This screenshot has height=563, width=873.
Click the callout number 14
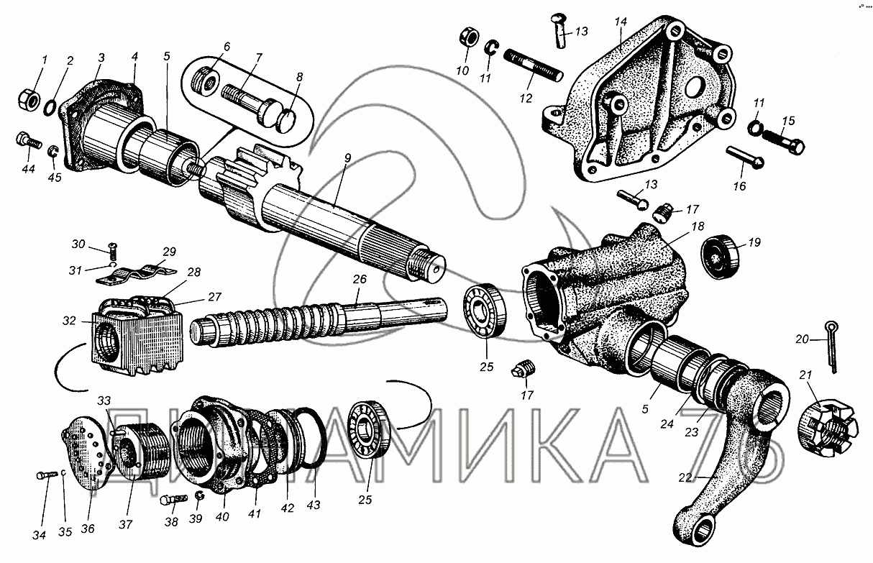tap(621, 22)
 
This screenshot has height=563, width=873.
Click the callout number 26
tap(359, 280)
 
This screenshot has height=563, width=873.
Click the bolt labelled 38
tap(175, 500)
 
